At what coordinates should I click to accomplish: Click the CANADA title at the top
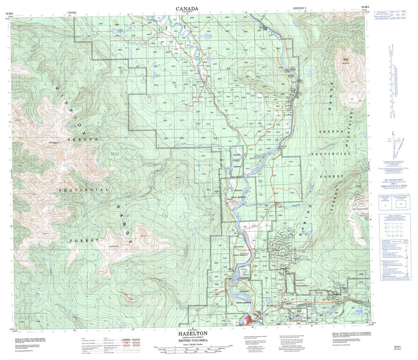pos(187,9)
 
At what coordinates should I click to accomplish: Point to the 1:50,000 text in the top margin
pos(73,13)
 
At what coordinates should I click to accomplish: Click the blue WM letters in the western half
pos(115,154)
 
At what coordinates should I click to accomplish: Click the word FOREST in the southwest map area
pos(84,241)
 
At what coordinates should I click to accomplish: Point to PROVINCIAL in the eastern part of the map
pos(331,153)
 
